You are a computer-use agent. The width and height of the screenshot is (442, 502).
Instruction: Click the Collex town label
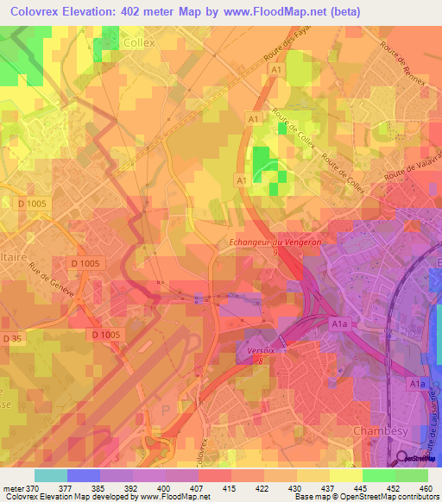point(138,41)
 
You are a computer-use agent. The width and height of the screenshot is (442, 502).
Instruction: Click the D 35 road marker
point(11,338)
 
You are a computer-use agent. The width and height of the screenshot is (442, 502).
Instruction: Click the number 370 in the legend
point(34,488)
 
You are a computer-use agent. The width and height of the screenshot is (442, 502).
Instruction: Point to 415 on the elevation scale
point(230,488)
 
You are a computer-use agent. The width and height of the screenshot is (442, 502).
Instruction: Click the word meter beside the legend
point(13,488)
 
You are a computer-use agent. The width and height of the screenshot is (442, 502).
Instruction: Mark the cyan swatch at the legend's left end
point(50,475)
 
